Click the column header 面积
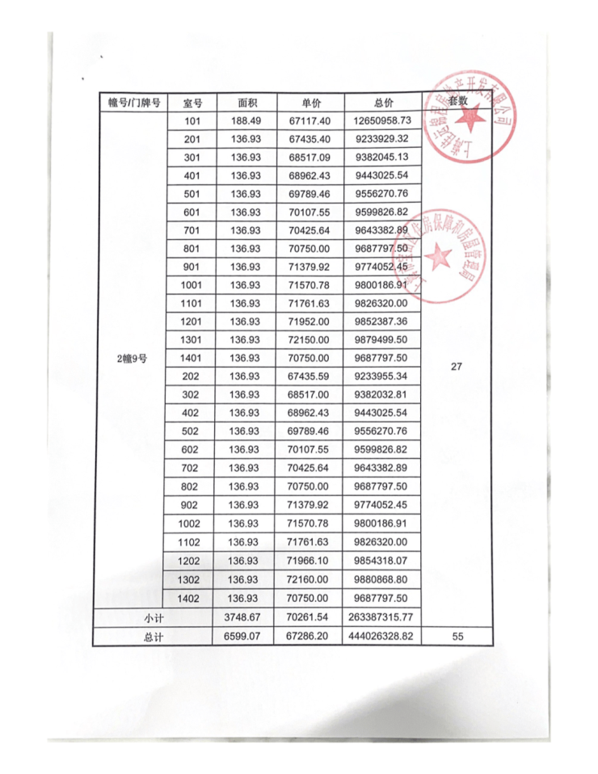click(246, 103)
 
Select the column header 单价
click(311, 103)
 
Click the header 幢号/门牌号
click(134, 103)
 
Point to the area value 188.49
click(246, 120)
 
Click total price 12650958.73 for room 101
click(383, 120)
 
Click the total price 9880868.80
click(383, 578)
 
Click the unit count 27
click(457, 366)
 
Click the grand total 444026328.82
click(383, 637)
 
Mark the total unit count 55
click(457, 637)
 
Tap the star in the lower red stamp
click(440, 258)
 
